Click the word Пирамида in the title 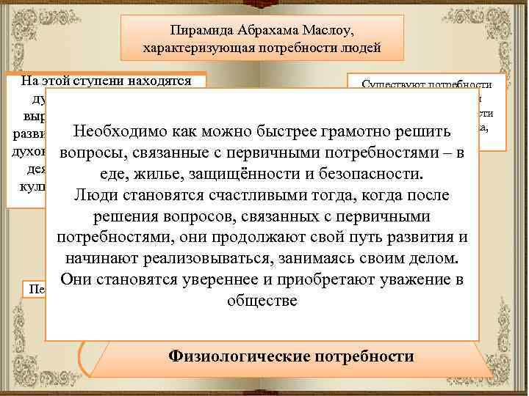(194, 31)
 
